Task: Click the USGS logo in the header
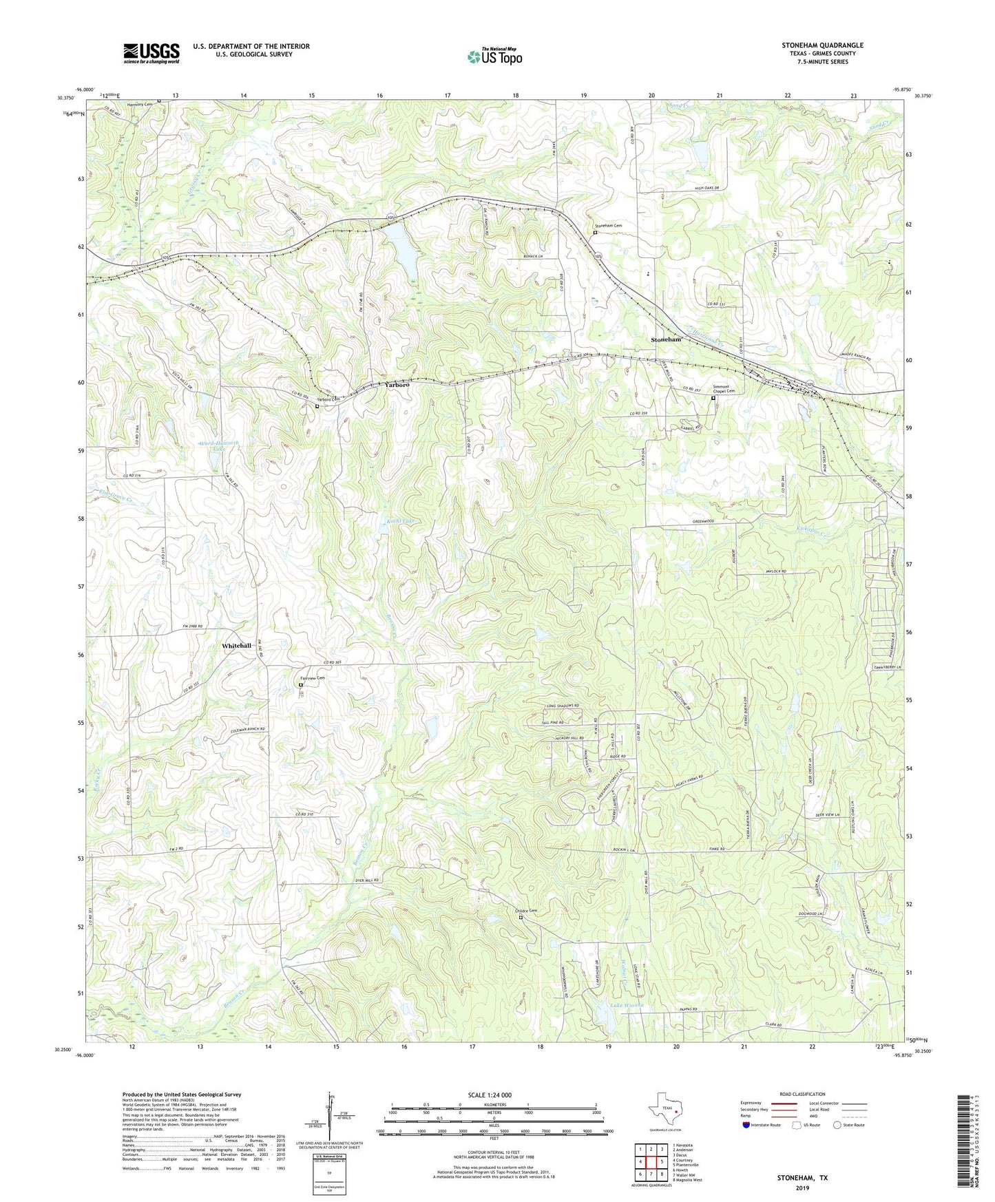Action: point(151,53)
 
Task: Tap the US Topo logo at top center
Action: point(494,56)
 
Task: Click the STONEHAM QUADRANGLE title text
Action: point(822,45)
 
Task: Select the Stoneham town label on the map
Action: point(666,340)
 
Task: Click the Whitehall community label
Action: point(236,646)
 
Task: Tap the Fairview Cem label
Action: point(312,678)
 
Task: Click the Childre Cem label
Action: point(525,911)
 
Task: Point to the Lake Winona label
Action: point(627,1006)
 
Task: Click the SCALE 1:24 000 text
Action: point(489,1095)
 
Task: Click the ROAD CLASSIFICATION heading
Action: point(802,1094)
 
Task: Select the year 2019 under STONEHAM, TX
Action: point(802,1188)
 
